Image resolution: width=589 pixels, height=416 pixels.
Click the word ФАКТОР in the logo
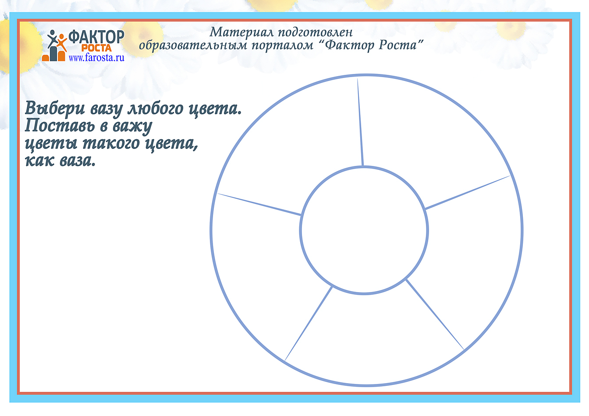96,37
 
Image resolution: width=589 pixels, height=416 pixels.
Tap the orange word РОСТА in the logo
96,48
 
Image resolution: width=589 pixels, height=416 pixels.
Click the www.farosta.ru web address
96,57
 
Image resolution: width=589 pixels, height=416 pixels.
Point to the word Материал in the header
241,32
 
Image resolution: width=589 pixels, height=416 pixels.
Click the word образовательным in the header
193,46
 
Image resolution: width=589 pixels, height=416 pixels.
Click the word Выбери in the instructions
55,109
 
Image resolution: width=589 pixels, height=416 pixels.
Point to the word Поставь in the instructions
60,126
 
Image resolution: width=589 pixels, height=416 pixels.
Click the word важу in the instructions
132,127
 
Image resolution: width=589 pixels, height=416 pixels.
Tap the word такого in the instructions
111,144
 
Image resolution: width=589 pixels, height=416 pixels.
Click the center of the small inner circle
364,230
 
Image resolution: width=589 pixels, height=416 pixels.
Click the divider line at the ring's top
360,122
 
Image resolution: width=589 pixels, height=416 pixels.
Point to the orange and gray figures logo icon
54,46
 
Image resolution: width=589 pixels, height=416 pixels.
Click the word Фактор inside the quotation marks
349,46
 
